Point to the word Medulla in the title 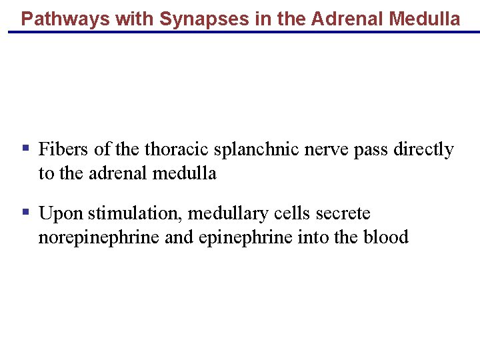[424, 19]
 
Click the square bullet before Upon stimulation [25, 212]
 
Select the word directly [423, 149]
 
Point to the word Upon [61, 214]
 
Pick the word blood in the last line [386, 237]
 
